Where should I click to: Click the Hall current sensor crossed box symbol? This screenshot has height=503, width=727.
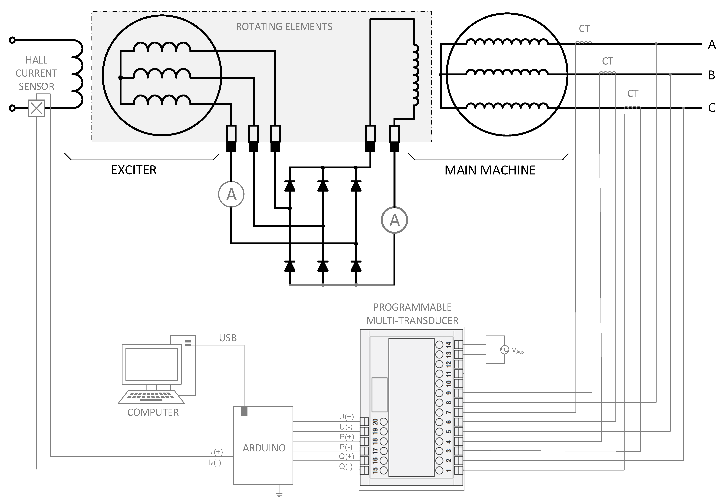[x=36, y=108]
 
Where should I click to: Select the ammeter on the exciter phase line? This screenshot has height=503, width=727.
[x=231, y=195]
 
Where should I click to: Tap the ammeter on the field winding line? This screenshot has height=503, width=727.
[x=394, y=220]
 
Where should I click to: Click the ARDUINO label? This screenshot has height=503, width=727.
[x=264, y=448]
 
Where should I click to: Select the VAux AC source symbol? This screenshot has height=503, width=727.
[x=504, y=350]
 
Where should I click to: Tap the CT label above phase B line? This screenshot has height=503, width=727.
[x=607, y=61]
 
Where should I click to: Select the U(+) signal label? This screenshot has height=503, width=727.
[x=346, y=417]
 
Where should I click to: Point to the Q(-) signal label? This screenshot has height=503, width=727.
[x=346, y=467]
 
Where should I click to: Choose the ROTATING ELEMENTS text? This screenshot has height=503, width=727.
[x=284, y=27]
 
